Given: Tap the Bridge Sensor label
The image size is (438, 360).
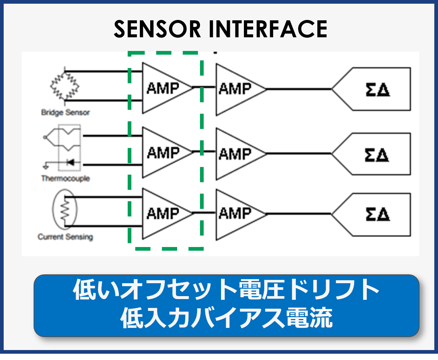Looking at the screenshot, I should (x=65, y=112).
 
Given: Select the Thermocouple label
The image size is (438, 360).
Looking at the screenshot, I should (x=65, y=178).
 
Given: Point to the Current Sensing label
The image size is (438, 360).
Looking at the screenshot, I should (x=65, y=237).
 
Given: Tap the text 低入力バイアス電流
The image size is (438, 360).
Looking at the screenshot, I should (x=226, y=318).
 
